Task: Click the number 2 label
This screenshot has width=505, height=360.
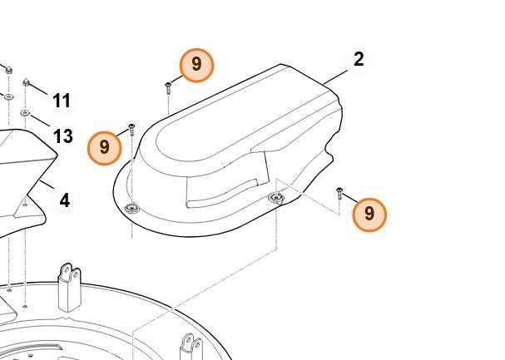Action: click(x=359, y=60)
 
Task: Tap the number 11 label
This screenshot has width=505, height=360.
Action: click(x=62, y=101)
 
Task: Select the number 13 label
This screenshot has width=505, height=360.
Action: click(x=63, y=136)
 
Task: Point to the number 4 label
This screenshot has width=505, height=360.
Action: click(x=65, y=200)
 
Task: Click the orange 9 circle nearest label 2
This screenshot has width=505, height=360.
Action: click(x=196, y=66)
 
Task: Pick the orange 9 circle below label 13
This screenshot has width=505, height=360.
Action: click(x=104, y=148)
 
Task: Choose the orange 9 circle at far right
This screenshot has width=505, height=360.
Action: click(x=369, y=215)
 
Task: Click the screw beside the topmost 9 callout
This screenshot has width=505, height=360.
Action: click(x=168, y=88)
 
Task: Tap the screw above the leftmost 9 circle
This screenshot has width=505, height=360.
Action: click(x=131, y=130)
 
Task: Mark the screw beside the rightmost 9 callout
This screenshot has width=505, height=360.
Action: click(x=339, y=194)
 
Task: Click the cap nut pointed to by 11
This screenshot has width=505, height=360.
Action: click(x=26, y=83)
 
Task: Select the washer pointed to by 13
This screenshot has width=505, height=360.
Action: click(x=25, y=113)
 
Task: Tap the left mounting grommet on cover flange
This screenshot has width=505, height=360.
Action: click(x=131, y=209)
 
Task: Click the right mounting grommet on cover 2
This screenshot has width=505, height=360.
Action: click(x=276, y=197)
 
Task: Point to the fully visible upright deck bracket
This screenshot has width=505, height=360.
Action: click(x=69, y=288)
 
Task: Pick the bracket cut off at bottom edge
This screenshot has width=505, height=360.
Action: click(x=191, y=347)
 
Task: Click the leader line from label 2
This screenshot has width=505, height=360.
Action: click(x=336, y=76)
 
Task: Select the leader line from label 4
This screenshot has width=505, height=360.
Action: click(x=47, y=185)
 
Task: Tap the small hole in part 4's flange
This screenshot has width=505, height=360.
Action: click(x=25, y=205)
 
